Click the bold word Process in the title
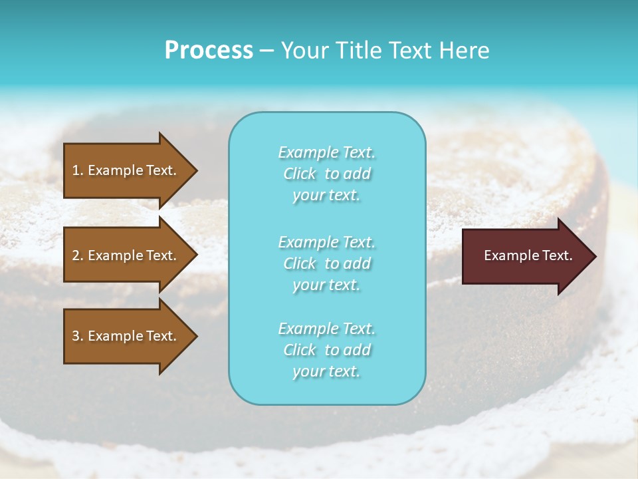[209, 51]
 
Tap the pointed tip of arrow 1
[195, 171]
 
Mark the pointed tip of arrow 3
[195, 336]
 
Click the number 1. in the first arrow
[78, 170]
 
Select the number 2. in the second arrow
[78, 255]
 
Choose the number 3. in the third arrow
[78, 336]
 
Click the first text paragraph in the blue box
[326, 174]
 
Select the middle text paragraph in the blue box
[326, 263]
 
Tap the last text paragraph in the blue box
[326, 350]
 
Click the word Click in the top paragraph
[300, 174]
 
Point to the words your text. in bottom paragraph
[326, 371]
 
